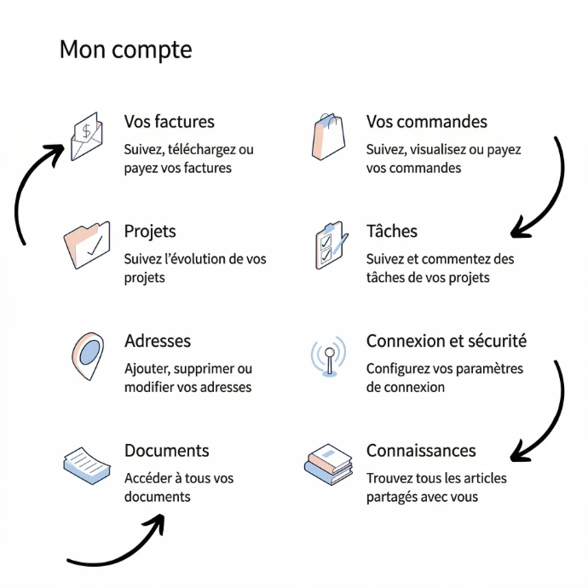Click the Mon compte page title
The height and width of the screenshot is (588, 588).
click(125, 49)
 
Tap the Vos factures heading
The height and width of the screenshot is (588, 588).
click(169, 122)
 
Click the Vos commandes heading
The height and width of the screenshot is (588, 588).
click(426, 122)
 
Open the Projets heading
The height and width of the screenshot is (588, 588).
click(150, 232)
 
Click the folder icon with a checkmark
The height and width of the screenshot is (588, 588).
click(87, 245)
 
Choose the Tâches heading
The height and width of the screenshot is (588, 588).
click(392, 232)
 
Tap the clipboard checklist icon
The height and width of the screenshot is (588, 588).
click(330, 245)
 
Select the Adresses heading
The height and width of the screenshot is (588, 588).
click(158, 341)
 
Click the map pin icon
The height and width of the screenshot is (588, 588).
click(87, 355)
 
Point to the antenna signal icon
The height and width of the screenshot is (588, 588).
click(328, 356)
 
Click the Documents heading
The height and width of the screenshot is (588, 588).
click(166, 451)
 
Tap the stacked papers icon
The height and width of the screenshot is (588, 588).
click(87, 464)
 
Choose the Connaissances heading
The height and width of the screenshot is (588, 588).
click(421, 451)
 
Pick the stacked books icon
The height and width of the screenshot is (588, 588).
click(328, 464)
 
